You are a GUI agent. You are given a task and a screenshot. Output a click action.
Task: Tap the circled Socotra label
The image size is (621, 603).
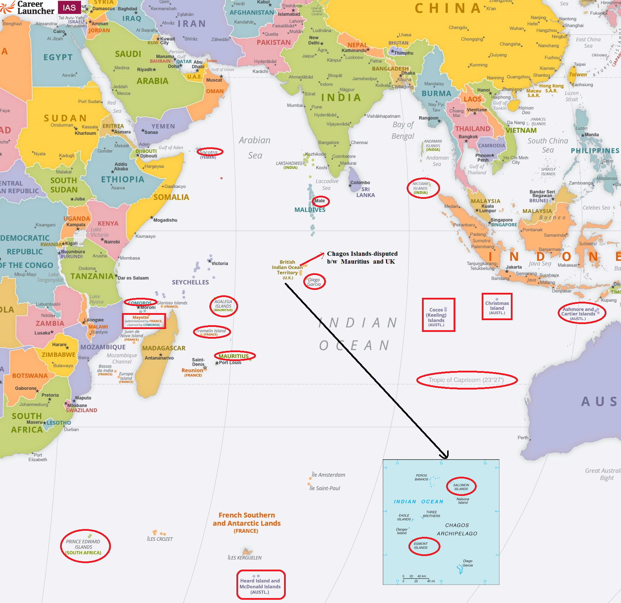click(x=210, y=152)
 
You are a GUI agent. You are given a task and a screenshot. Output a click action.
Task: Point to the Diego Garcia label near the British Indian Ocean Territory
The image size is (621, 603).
click(x=314, y=282)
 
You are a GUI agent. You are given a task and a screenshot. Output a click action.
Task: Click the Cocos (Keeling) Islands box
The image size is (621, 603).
click(x=438, y=315)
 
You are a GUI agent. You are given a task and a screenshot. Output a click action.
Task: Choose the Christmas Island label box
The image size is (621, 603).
click(x=497, y=307)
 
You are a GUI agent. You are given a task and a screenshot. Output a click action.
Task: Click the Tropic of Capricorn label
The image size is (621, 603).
click(x=466, y=380)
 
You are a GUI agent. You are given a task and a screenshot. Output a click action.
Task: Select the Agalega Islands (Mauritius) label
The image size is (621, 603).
click(x=223, y=306)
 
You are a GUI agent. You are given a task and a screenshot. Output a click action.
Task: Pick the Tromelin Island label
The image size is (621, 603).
click(x=212, y=332)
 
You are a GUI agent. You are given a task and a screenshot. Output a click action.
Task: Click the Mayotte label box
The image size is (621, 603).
click(x=144, y=321)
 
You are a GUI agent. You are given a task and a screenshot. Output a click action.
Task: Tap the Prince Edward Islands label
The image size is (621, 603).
click(x=85, y=546)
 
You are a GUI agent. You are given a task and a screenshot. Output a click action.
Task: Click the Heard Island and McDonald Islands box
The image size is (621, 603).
click(x=261, y=585)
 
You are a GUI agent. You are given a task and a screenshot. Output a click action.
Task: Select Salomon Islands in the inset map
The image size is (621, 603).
click(x=461, y=487)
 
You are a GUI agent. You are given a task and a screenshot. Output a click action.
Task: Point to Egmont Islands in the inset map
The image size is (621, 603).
click(x=423, y=546)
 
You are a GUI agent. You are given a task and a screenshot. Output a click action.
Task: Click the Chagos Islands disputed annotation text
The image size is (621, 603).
click(x=362, y=258)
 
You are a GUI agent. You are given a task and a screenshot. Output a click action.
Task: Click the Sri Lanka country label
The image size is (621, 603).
click(x=365, y=192)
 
